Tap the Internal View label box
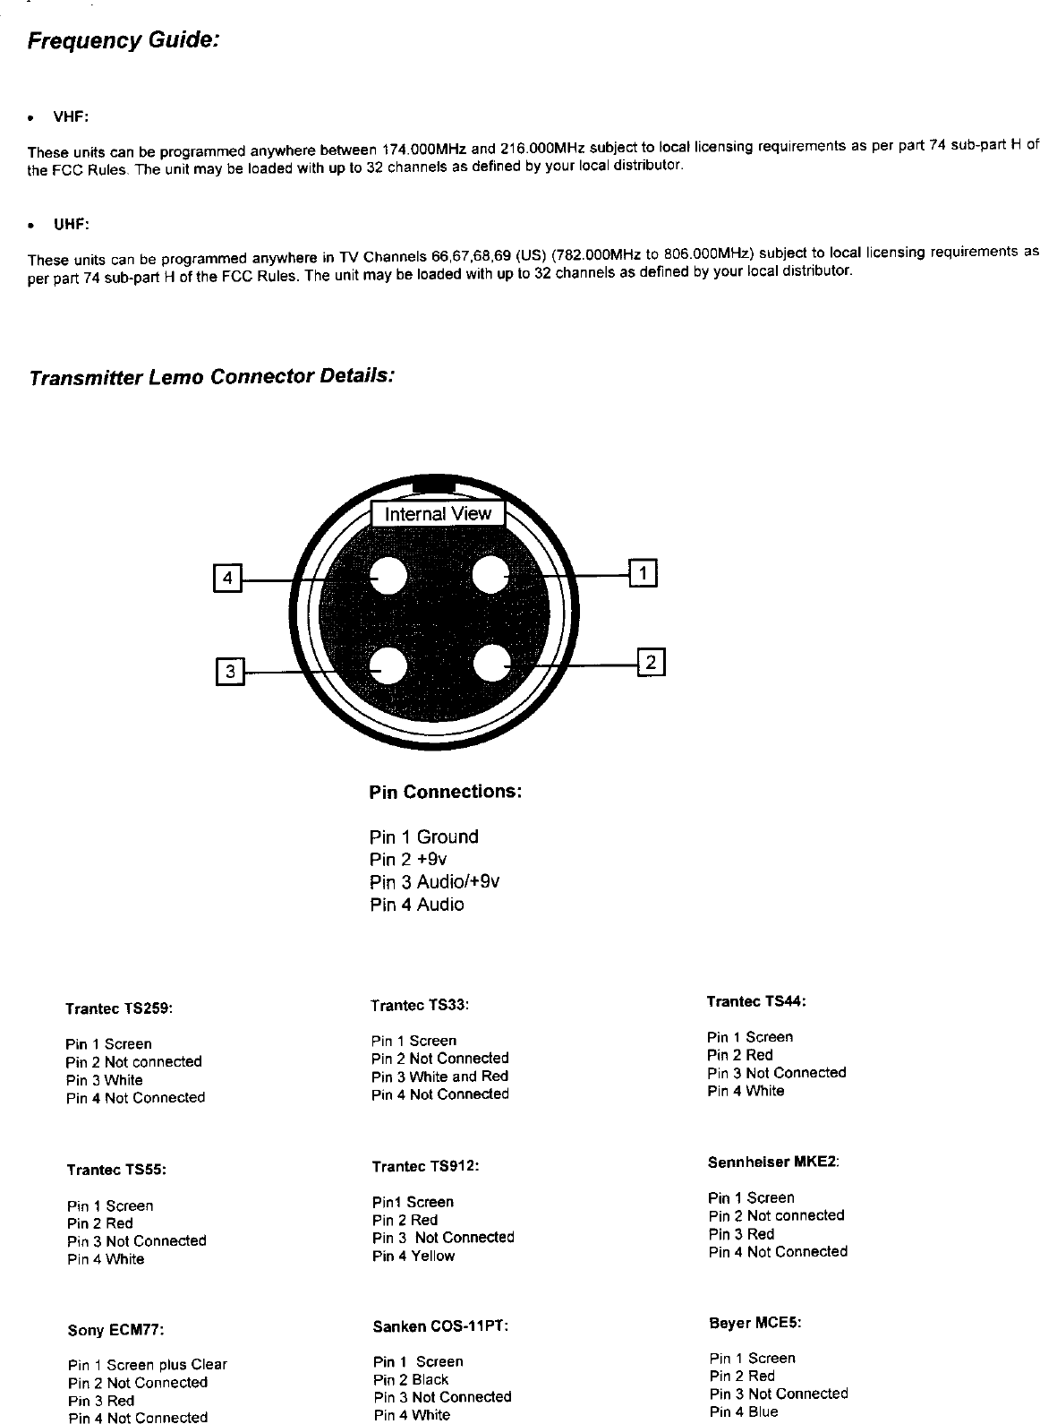point(438,514)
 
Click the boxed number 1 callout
point(644,571)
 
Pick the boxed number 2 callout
point(650,663)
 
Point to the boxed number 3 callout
point(230,671)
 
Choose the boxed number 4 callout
point(227,579)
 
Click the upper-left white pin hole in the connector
point(389,577)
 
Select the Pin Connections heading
point(445,793)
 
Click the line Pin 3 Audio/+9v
point(434,882)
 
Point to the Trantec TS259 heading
point(119,1008)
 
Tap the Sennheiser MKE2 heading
point(773,1162)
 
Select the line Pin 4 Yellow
point(413,1257)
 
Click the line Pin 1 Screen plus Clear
point(148,1365)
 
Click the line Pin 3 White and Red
point(439,1077)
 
